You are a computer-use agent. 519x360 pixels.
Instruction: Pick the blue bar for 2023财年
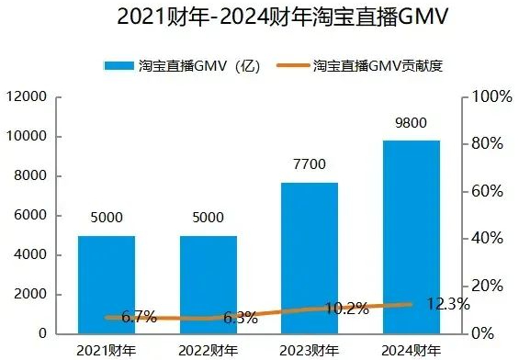(310, 257)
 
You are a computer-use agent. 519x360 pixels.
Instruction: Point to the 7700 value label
(310, 166)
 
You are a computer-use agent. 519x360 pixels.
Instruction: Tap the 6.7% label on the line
(139, 318)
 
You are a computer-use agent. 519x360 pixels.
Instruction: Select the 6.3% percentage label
(241, 319)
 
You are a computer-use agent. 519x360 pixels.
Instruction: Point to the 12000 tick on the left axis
(27, 97)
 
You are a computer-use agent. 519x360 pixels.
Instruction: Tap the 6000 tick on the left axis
(30, 216)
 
